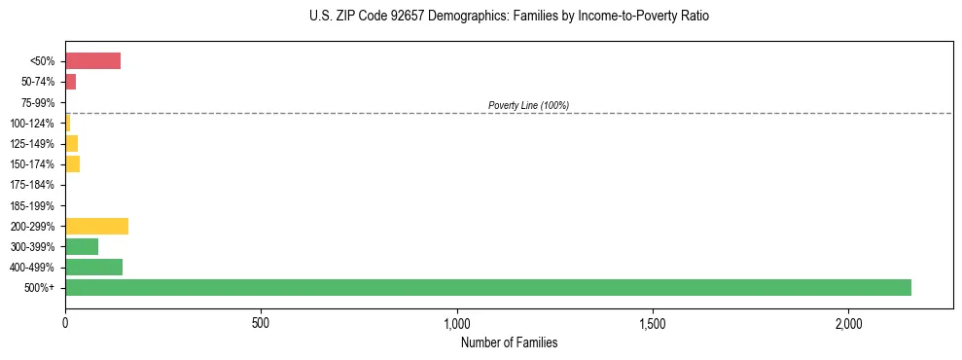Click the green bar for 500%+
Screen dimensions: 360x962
488,287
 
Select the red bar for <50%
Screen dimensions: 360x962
92,61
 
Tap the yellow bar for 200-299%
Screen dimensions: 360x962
96,226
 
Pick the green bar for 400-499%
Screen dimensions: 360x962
93,267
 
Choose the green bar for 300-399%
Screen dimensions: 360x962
82,246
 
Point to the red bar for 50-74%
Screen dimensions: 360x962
70,82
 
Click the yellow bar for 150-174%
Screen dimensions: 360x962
72,163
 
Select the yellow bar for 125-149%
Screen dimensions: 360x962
71,143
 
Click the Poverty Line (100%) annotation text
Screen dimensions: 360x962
528,105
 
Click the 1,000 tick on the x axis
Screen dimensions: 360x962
457,323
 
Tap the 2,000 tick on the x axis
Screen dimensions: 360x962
848,323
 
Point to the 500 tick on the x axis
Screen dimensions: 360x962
261,323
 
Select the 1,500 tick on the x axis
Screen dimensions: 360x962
653,323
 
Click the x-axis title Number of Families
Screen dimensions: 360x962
509,342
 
